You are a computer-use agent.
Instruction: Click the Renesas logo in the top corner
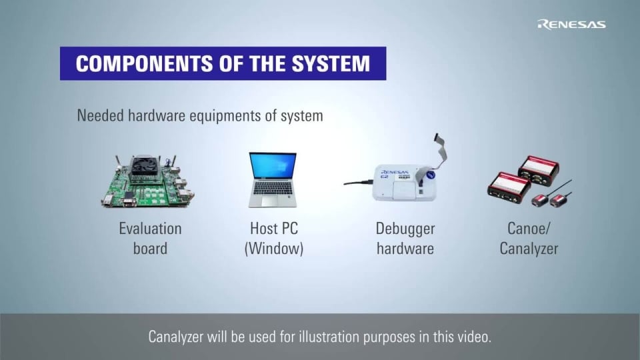click(x=571, y=24)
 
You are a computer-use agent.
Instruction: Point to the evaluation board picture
click(x=147, y=181)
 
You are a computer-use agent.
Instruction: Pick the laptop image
click(x=273, y=180)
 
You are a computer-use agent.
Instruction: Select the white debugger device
click(x=404, y=183)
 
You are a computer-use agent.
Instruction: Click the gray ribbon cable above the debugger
click(x=441, y=150)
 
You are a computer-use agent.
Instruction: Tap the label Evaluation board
click(x=150, y=239)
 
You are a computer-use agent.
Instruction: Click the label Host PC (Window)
click(x=273, y=239)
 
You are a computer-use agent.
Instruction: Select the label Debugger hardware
click(x=405, y=239)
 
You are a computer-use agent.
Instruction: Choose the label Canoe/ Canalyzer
click(x=529, y=239)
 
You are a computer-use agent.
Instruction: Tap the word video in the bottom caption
click(x=473, y=337)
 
